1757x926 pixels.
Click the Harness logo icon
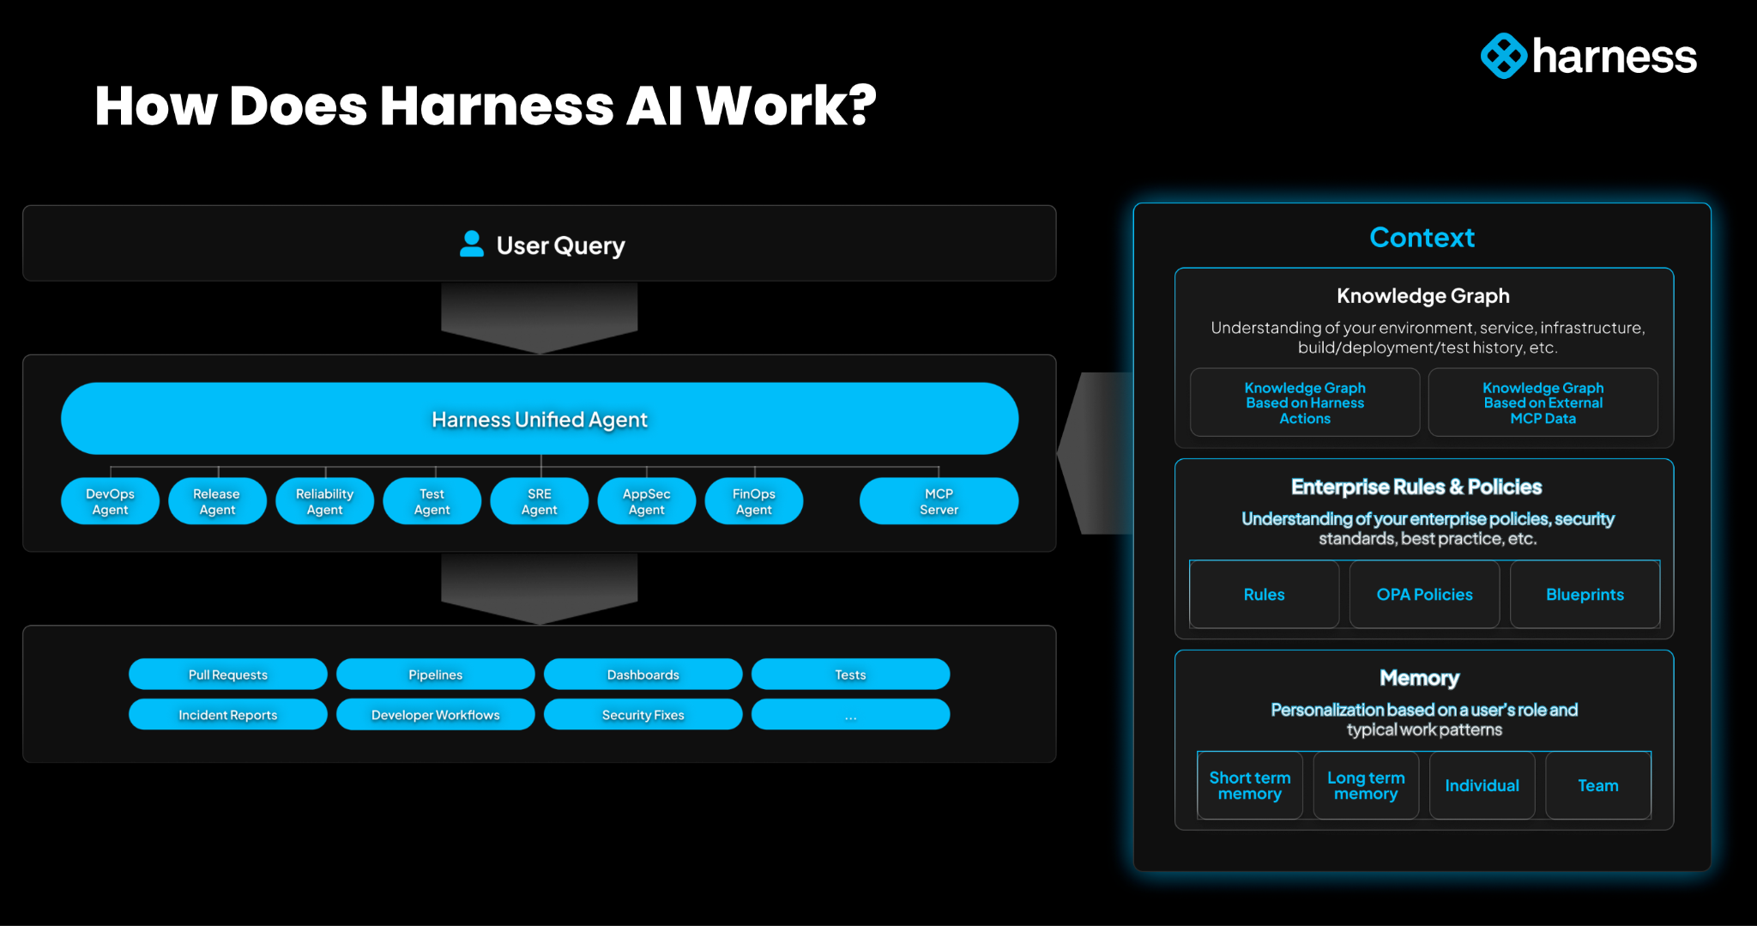[1503, 57]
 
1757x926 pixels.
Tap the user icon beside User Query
[471, 245]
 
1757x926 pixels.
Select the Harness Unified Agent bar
[540, 419]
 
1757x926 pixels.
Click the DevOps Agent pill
[110, 501]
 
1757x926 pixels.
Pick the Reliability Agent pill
[324, 501]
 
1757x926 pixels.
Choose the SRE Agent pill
[539, 501]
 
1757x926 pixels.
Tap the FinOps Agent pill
[753, 501]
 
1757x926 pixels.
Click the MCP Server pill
[939, 501]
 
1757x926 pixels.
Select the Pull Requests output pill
[227, 675]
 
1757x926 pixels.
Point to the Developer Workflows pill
[435, 715]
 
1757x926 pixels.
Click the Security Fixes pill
[643, 715]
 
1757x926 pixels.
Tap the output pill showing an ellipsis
[850, 715]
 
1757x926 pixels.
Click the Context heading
[1422, 238]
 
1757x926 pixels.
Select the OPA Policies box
[1424, 595]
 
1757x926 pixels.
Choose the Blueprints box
[1585, 595]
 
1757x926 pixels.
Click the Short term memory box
[1249, 785]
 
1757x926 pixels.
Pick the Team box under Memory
[1597, 785]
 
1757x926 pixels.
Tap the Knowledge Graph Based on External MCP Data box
[1543, 402]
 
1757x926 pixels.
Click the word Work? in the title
[786, 106]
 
